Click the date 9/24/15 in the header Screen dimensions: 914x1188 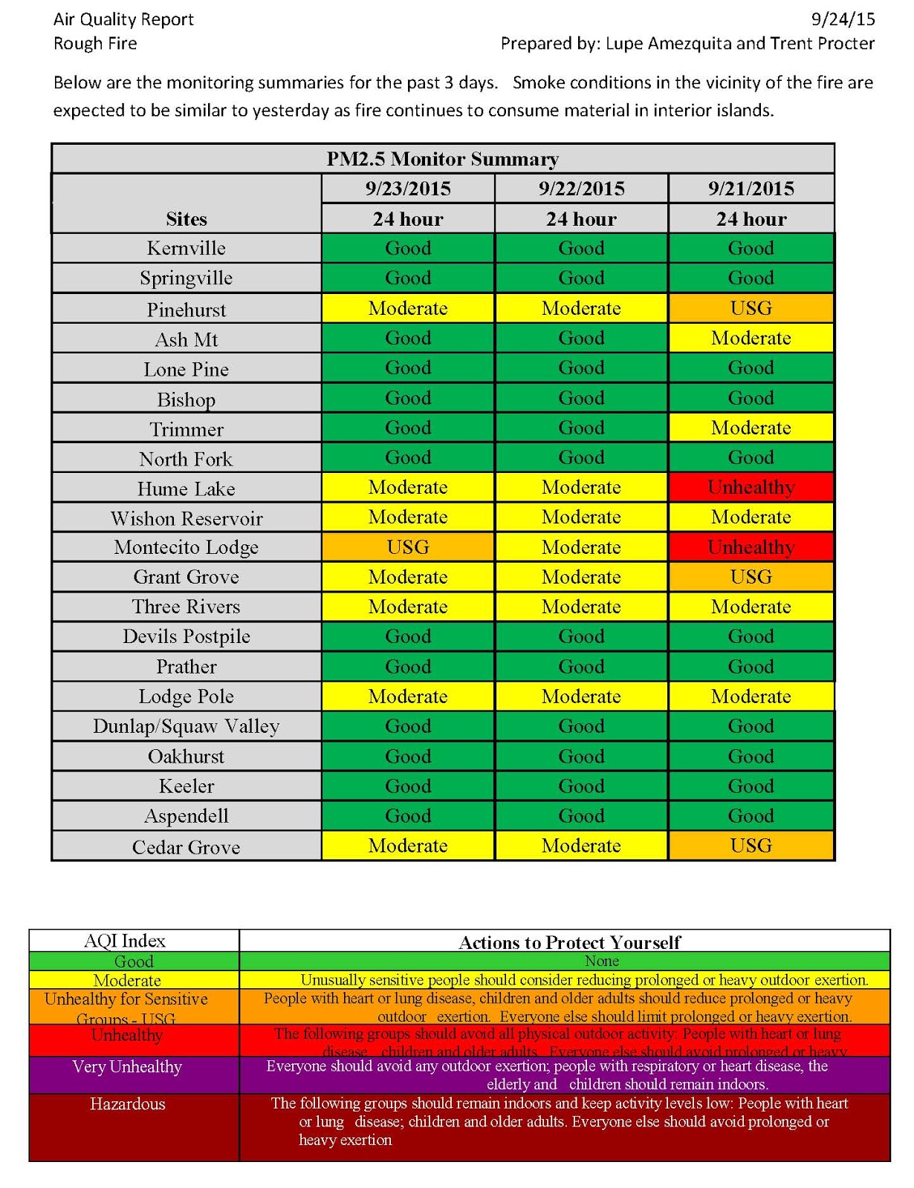[843, 19]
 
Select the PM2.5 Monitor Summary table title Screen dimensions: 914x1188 [443, 159]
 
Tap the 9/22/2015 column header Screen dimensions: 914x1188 [581, 189]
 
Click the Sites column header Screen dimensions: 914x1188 [187, 219]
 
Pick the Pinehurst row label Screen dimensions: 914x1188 [187, 310]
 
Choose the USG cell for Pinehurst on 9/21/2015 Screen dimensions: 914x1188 [751, 308]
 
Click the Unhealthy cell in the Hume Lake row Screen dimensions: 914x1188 [751, 487]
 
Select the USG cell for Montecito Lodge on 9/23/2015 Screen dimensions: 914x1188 [408, 547]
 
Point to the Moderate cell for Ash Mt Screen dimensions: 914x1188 [751, 338]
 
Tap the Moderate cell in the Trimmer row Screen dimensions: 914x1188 [751, 428]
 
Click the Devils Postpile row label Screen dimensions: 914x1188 [187, 636]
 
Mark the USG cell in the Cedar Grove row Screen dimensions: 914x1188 [751, 846]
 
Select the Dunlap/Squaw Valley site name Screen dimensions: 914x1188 [187, 726]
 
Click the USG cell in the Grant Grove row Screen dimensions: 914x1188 [751, 577]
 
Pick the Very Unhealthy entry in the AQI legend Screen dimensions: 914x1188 [127, 1067]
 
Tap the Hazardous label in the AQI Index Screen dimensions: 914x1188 [128, 1104]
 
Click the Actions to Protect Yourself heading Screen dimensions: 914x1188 [569, 942]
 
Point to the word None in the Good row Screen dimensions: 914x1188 [602, 961]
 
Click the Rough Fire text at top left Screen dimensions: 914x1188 [95, 44]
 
